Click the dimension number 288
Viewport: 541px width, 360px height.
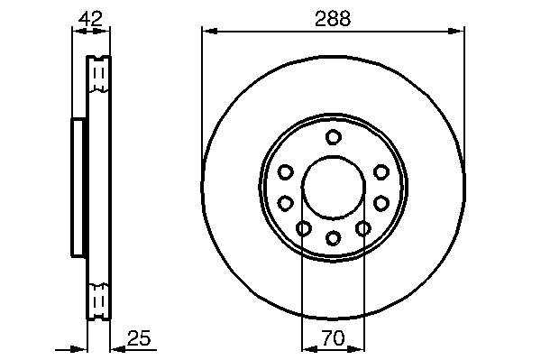click(333, 19)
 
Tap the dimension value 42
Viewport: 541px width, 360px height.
click(90, 19)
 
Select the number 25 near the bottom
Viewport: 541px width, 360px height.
click(139, 338)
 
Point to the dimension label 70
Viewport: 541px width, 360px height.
click(334, 338)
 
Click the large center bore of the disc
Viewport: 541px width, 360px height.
click(334, 188)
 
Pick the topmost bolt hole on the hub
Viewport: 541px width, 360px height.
click(334, 137)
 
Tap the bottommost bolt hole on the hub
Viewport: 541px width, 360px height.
click(334, 238)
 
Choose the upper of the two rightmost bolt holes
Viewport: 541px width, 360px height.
click(381, 172)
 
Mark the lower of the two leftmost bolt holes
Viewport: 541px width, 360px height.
click(285, 203)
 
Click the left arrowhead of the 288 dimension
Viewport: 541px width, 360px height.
click(210, 32)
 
